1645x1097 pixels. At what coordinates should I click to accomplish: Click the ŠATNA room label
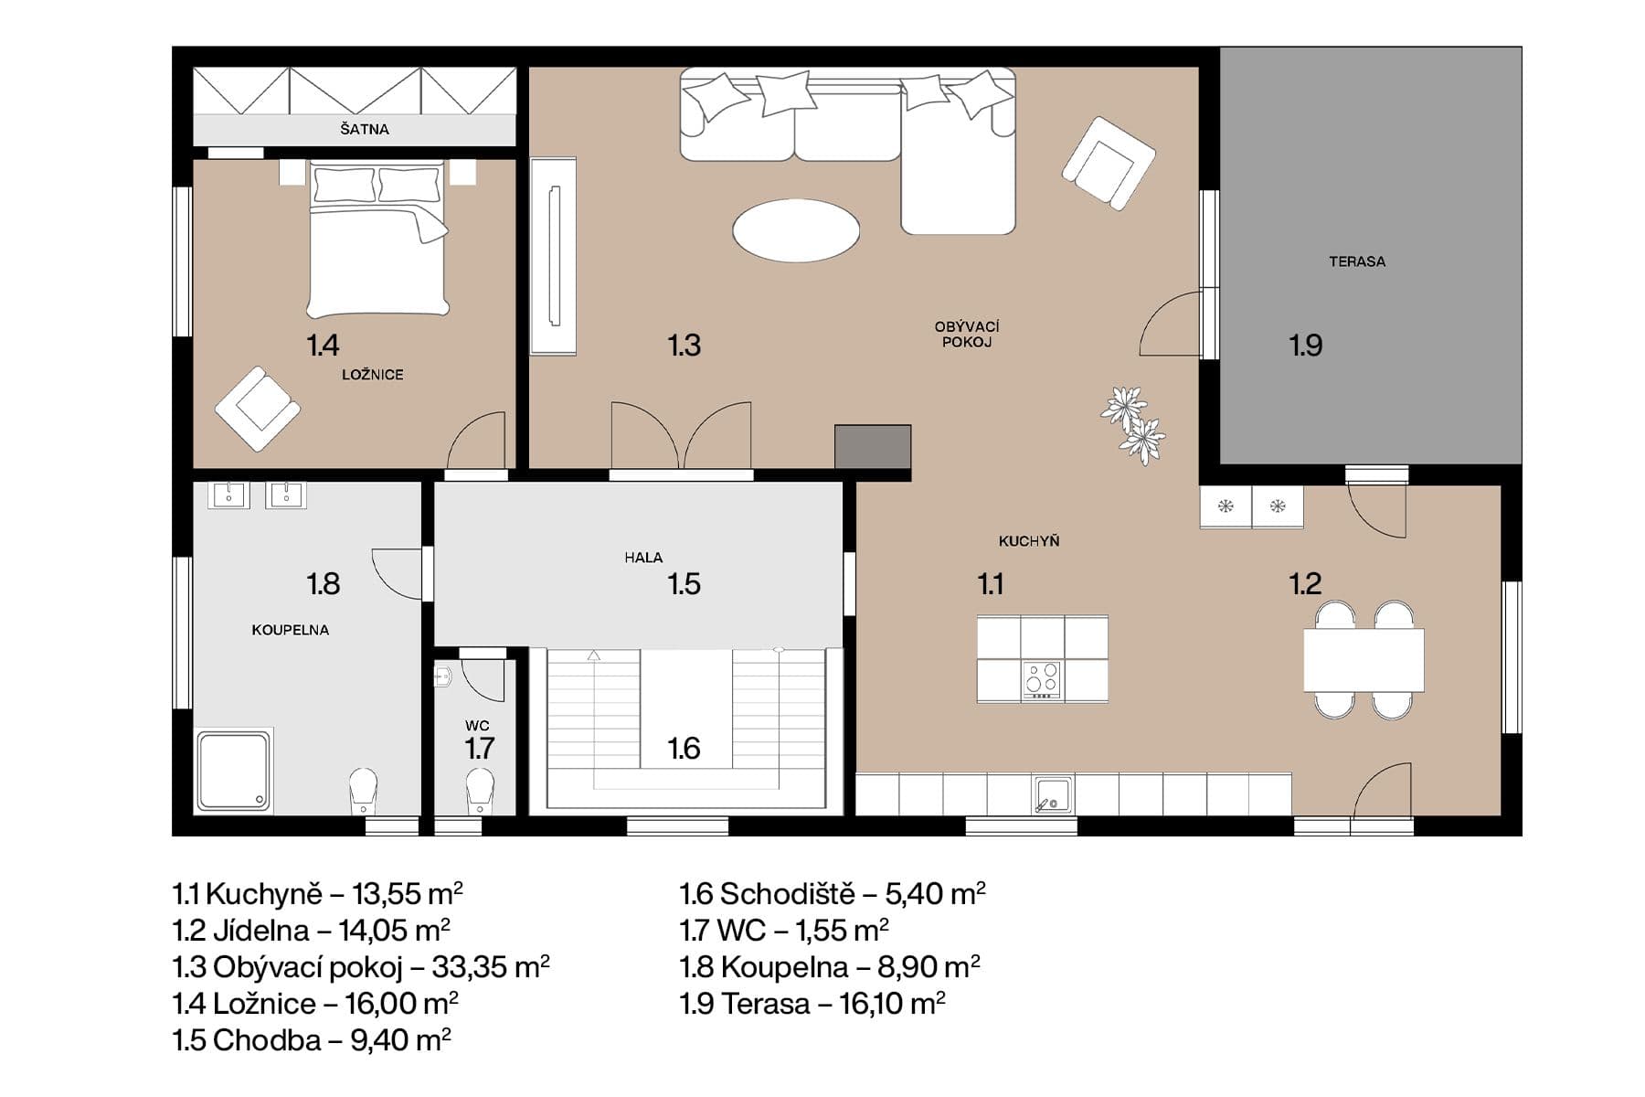[x=365, y=129]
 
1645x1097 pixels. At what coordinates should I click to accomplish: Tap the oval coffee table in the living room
[x=796, y=230]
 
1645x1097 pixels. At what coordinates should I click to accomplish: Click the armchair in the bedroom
[x=258, y=408]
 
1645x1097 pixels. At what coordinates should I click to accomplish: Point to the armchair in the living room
[x=1109, y=164]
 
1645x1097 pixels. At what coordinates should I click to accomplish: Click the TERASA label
[x=1356, y=261]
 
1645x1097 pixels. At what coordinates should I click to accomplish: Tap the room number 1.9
[x=1305, y=345]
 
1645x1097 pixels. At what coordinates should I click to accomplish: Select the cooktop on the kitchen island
[x=1042, y=680]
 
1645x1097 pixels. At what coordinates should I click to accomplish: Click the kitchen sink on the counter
[x=1053, y=794]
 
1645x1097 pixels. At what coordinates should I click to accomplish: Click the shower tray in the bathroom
[x=234, y=770]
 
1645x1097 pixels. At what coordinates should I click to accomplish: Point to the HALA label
[x=643, y=558]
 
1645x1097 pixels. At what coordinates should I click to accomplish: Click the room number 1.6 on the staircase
[x=684, y=749]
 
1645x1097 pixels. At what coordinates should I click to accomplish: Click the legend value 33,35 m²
[x=490, y=966]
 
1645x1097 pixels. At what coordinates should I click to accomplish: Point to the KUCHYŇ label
[x=1028, y=541]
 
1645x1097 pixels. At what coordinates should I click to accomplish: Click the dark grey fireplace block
[x=873, y=447]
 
